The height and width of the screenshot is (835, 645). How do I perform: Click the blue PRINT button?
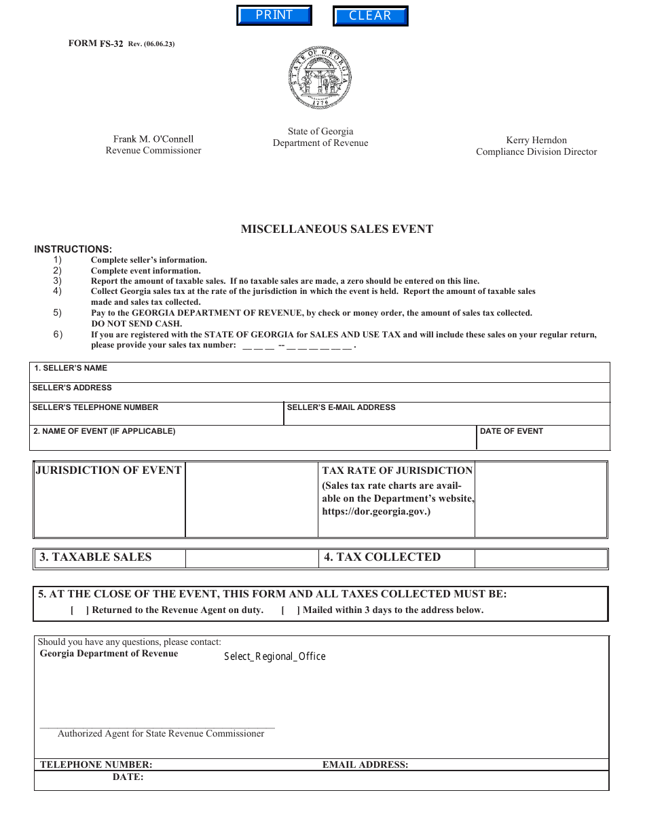point(274,16)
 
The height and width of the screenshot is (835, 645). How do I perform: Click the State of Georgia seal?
point(320,78)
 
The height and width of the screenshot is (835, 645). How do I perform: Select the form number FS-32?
point(111,44)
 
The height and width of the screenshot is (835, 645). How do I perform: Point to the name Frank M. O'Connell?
point(153,139)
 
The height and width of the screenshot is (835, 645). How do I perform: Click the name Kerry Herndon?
point(536,141)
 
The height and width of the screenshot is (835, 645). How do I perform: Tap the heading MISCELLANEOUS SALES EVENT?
point(337,229)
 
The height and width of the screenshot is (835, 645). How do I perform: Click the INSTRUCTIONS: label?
point(73,249)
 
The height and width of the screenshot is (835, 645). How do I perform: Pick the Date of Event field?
point(543,440)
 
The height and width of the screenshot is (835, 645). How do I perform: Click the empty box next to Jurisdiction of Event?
point(251,500)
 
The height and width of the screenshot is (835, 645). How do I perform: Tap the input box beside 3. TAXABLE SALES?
point(251,558)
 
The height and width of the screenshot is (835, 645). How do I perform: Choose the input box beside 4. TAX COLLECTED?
point(540,558)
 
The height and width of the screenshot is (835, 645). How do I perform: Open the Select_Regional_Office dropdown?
point(275,656)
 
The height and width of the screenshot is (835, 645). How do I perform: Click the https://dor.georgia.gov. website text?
point(375,512)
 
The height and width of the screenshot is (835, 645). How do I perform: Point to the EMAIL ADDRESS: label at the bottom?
point(365,764)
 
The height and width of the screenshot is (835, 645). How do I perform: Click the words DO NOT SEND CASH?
point(136,324)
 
